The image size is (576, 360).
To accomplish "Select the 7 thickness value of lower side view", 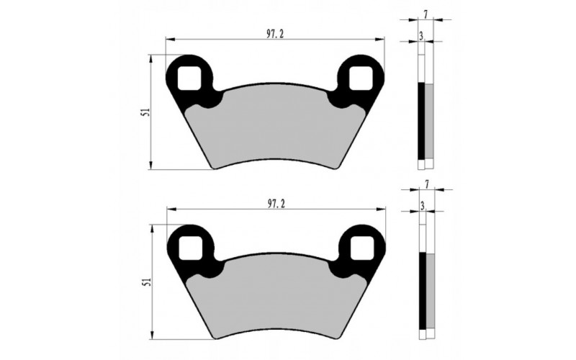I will point(427,185).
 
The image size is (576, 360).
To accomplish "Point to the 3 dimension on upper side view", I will point(420,35).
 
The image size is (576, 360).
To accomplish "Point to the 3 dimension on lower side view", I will point(420,206).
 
